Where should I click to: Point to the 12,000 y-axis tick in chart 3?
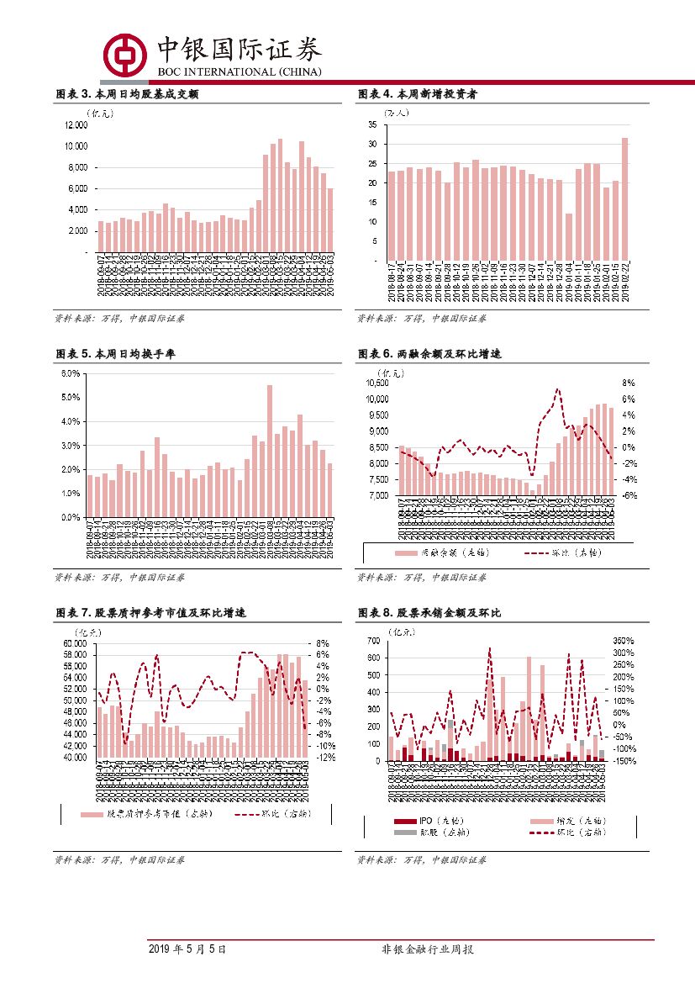(x=76, y=125)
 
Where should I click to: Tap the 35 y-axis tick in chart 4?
(x=371, y=124)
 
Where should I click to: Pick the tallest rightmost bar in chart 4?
(x=624, y=199)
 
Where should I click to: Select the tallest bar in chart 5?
(x=270, y=451)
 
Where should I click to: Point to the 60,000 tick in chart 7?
(x=76, y=643)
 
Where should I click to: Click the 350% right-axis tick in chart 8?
(x=623, y=642)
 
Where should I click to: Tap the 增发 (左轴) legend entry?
(x=572, y=820)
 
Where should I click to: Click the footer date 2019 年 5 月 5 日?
(x=187, y=949)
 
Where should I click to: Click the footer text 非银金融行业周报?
(x=429, y=949)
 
